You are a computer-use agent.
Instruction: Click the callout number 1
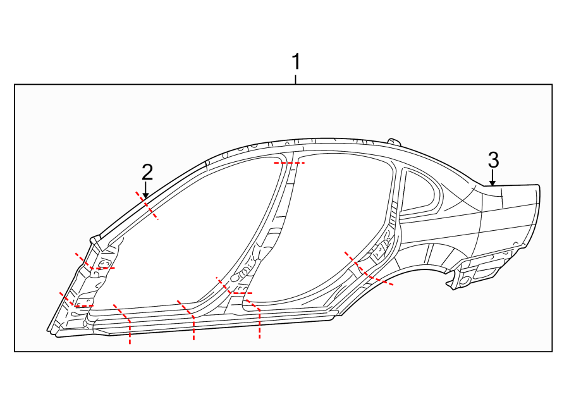pos(295,63)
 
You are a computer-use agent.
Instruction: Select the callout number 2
pos(147,171)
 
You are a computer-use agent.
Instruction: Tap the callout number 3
pos(493,159)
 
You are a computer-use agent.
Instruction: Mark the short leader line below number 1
pos(295,79)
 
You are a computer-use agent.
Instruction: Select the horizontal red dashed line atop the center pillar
pos(289,163)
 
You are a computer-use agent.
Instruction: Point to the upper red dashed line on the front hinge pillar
pos(95,264)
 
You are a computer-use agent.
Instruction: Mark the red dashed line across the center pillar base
pos(235,290)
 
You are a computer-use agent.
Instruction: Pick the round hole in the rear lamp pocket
pos(465,279)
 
